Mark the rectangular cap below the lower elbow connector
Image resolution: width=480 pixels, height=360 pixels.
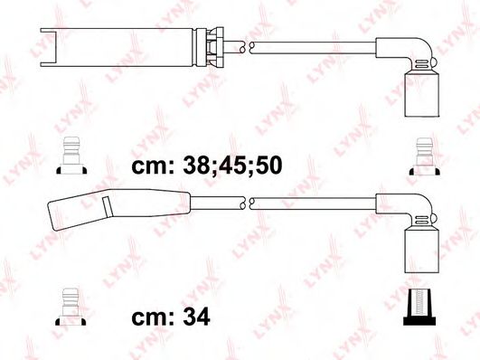click(418, 248)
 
